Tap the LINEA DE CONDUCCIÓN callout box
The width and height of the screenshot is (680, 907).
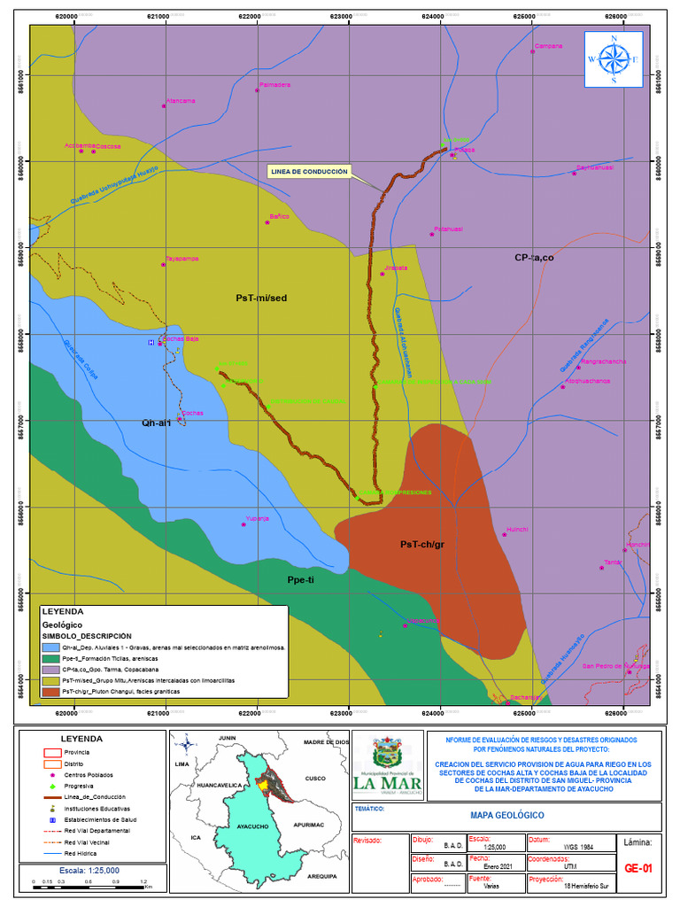click(310, 172)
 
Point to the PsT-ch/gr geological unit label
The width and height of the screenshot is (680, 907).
click(421, 544)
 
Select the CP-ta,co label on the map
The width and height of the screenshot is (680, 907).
click(534, 258)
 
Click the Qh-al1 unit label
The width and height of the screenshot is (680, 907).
click(156, 422)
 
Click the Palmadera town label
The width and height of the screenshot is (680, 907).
click(274, 85)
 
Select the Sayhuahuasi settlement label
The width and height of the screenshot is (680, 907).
click(594, 167)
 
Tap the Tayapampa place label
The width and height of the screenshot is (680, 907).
click(182, 259)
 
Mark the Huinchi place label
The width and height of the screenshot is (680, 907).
click(516, 529)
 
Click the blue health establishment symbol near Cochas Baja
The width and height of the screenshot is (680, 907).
click(151, 342)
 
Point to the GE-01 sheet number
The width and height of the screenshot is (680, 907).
click(637, 869)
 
